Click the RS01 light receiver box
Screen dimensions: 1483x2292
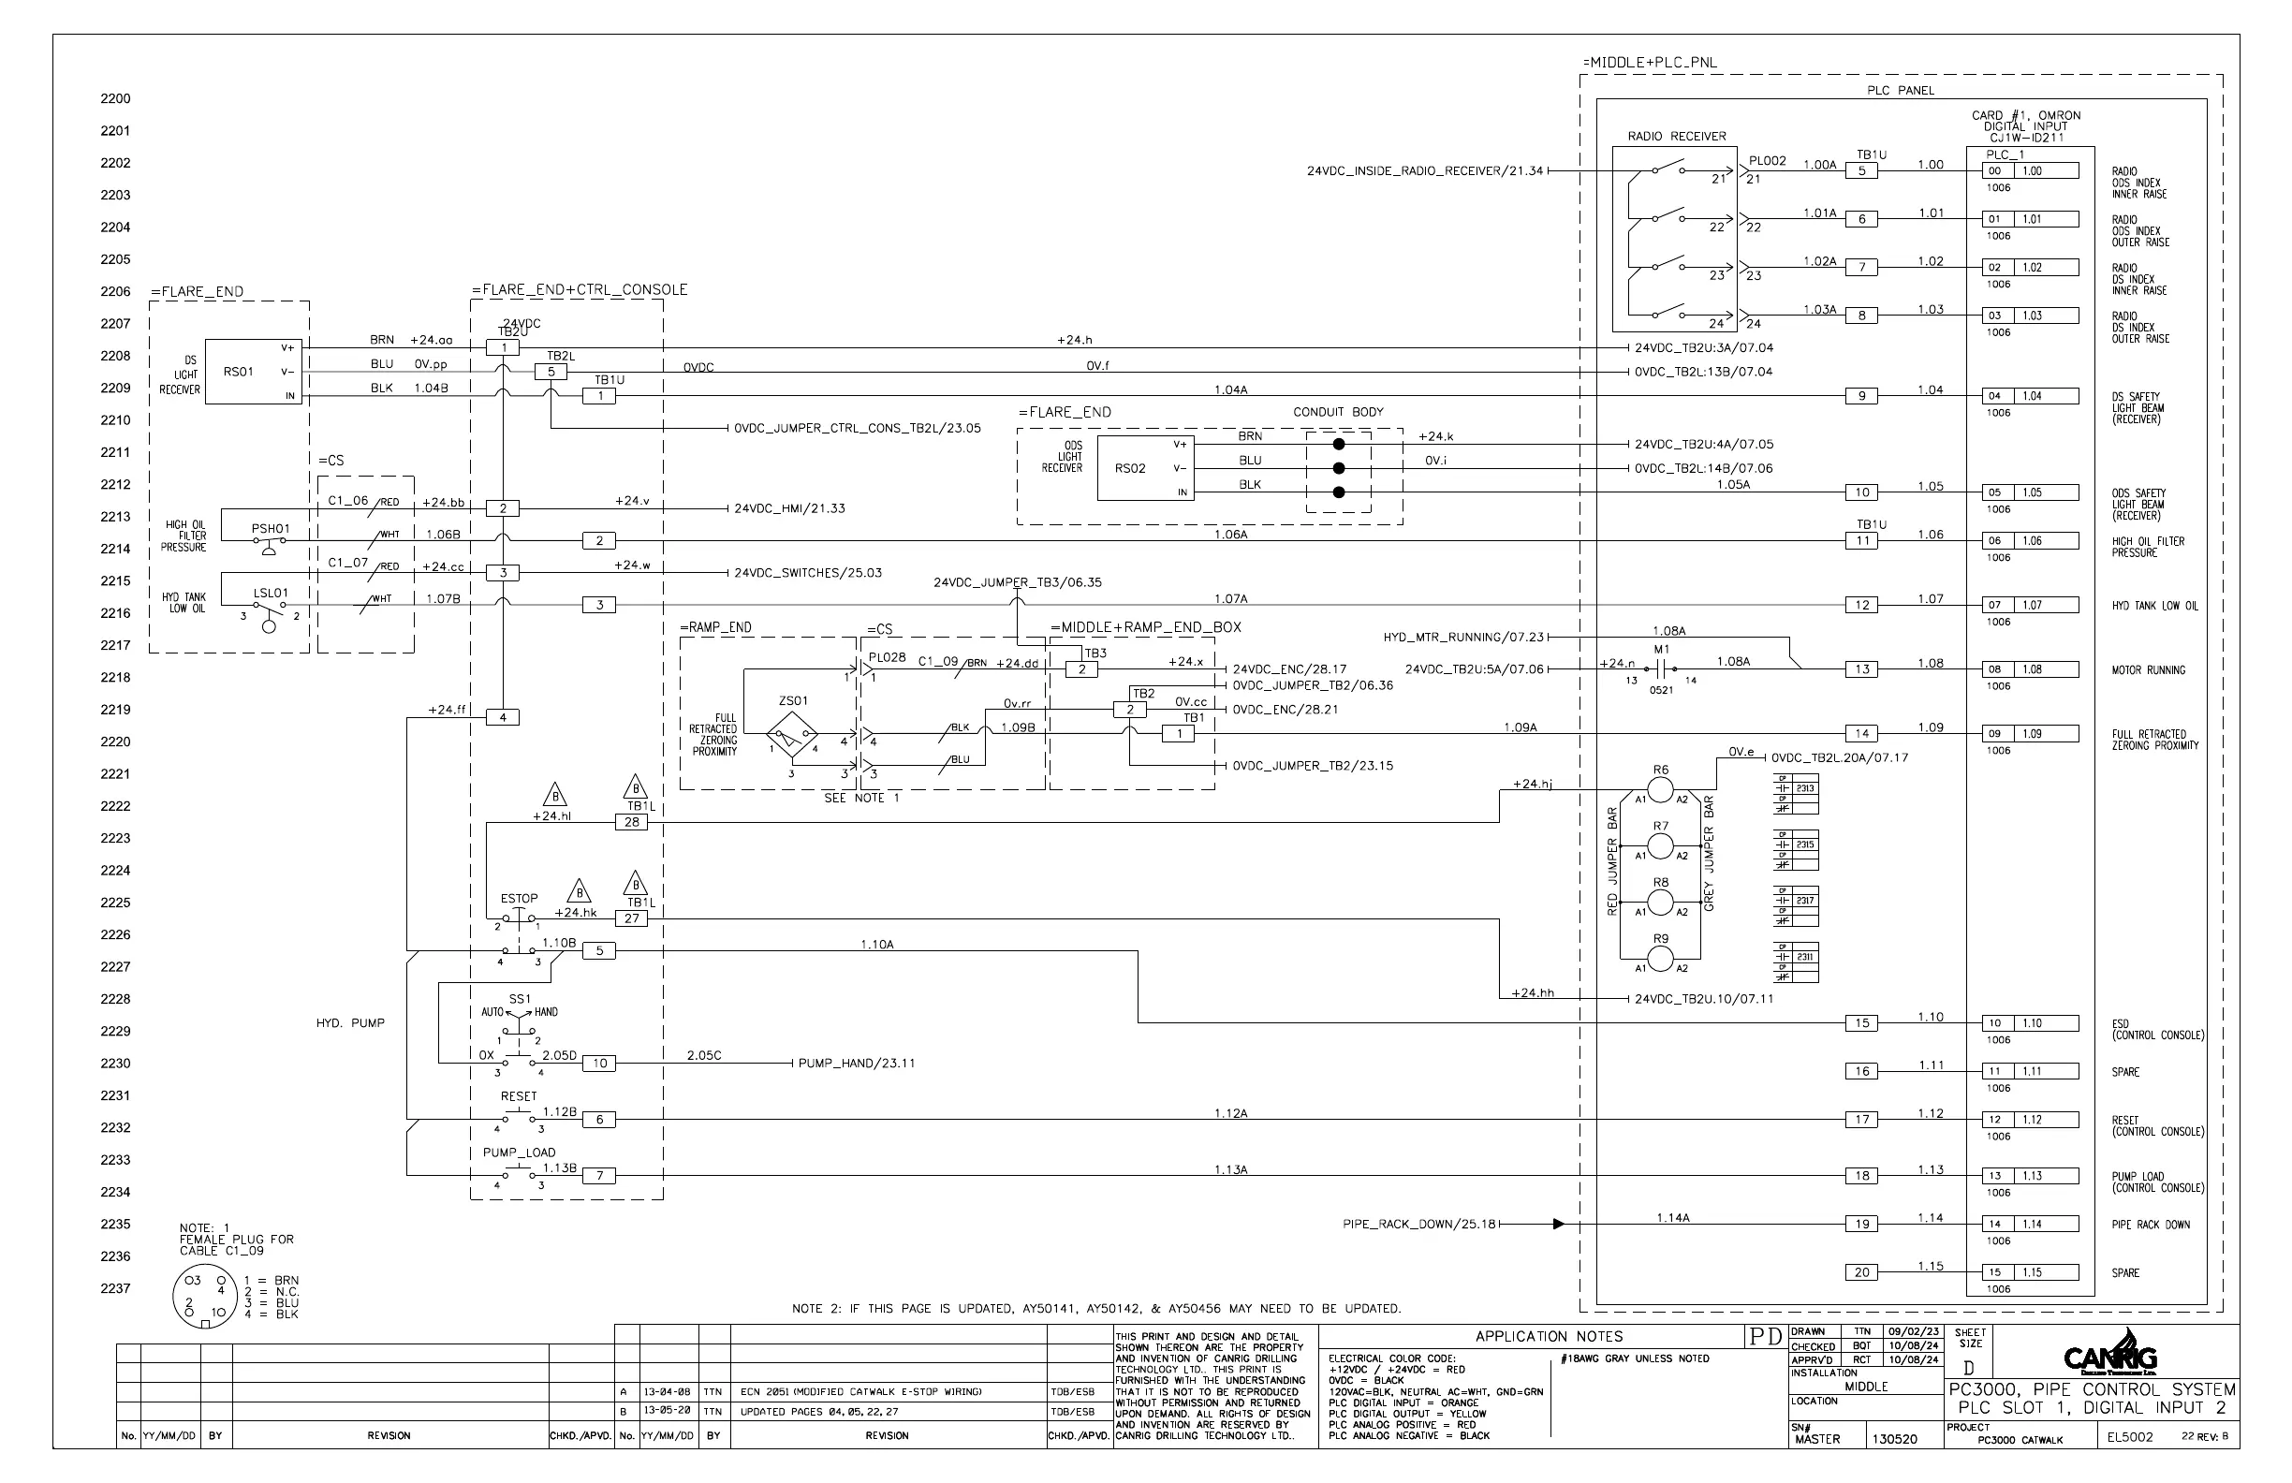[x=255, y=372]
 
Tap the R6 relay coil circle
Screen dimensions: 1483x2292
[x=1660, y=790]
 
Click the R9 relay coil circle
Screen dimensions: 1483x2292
[x=1660, y=959]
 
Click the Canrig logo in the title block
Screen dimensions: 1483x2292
[x=2111, y=1358]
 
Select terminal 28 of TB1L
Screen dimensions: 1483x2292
[x=632, y=822]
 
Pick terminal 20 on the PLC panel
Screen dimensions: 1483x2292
[x=1861, y=1272]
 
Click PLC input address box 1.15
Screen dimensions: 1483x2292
[x=2046, y=1272]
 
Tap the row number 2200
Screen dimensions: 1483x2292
[x=115, y=98]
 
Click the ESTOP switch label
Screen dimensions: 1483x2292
[x=519, y=899]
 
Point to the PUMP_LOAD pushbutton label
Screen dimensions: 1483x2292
[x=519, y=1153]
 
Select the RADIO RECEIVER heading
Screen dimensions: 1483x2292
[x=1677, y=137]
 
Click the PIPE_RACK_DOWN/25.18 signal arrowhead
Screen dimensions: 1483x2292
[x=1559, y=1224]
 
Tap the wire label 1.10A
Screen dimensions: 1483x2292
[x=877, y=945]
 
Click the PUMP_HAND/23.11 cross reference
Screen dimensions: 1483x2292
[x=856, y=1064]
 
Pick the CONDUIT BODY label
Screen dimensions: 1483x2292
[x=1338, y=412]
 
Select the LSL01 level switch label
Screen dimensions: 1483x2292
[x=271, y=594]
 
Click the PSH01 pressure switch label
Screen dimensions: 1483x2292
[x=271, y=529]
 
